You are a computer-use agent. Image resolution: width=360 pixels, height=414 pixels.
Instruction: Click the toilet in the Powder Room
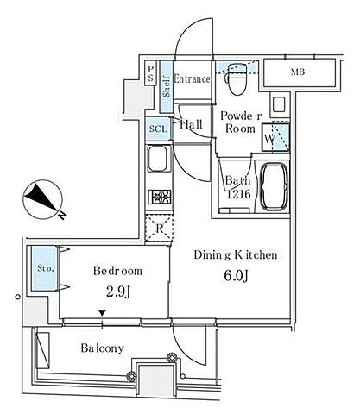click(237, 79)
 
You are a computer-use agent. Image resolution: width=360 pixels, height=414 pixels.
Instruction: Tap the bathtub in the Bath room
click(274, 187)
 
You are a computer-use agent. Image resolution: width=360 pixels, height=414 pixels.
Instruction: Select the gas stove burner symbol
click(160, 198)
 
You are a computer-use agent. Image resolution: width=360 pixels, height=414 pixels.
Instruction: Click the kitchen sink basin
click(157, 158)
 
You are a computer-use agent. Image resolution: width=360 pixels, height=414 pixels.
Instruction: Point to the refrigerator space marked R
click(160, 229)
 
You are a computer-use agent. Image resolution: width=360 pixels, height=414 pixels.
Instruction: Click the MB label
click(298, 72)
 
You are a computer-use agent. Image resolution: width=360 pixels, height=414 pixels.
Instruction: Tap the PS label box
click(150, 73)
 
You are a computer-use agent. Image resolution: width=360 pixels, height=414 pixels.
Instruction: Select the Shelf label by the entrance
click(167, 86)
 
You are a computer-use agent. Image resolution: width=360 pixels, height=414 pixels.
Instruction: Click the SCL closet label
click(158, 129)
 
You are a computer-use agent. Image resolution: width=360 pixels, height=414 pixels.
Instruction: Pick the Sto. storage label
click(46, 268)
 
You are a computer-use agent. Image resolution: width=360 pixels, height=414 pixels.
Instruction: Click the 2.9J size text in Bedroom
click(118, 292)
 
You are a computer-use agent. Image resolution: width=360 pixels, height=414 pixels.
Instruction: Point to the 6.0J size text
click(237, 276)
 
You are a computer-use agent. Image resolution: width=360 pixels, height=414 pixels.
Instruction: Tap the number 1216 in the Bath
click(238, 194)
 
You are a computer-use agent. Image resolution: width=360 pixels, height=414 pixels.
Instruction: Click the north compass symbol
click(42, 199)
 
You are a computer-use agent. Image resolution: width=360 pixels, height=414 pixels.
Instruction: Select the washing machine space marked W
click(275, 137)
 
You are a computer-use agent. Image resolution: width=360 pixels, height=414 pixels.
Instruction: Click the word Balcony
click(103, 348)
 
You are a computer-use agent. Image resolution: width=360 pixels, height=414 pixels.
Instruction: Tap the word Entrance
click(192, 78)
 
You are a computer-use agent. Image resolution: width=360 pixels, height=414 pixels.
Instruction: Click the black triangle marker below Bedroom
click(102, 312)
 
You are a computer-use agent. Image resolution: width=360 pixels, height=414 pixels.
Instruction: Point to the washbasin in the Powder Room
click(279, 104)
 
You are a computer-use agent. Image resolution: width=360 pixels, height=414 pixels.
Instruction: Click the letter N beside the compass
click(62, 215)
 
